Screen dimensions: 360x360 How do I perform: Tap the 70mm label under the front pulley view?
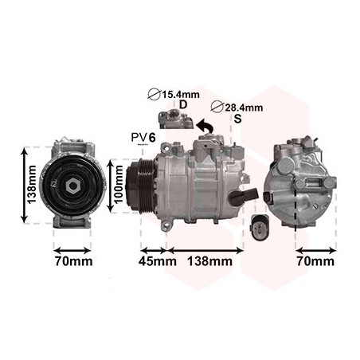click(73, 260)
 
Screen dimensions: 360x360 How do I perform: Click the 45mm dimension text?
click(158, 260)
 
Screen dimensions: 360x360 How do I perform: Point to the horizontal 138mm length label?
click(209, 260)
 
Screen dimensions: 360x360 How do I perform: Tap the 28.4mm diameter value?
click(243, 107)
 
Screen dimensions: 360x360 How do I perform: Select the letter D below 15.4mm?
click(183, 105)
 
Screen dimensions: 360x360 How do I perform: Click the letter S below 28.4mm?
click(237, 119)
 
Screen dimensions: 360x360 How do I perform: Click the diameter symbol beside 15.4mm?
click(155, 95)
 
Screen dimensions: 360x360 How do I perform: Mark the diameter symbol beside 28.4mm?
click(217, 107)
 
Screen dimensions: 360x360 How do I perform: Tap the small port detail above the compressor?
click(174, 121)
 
